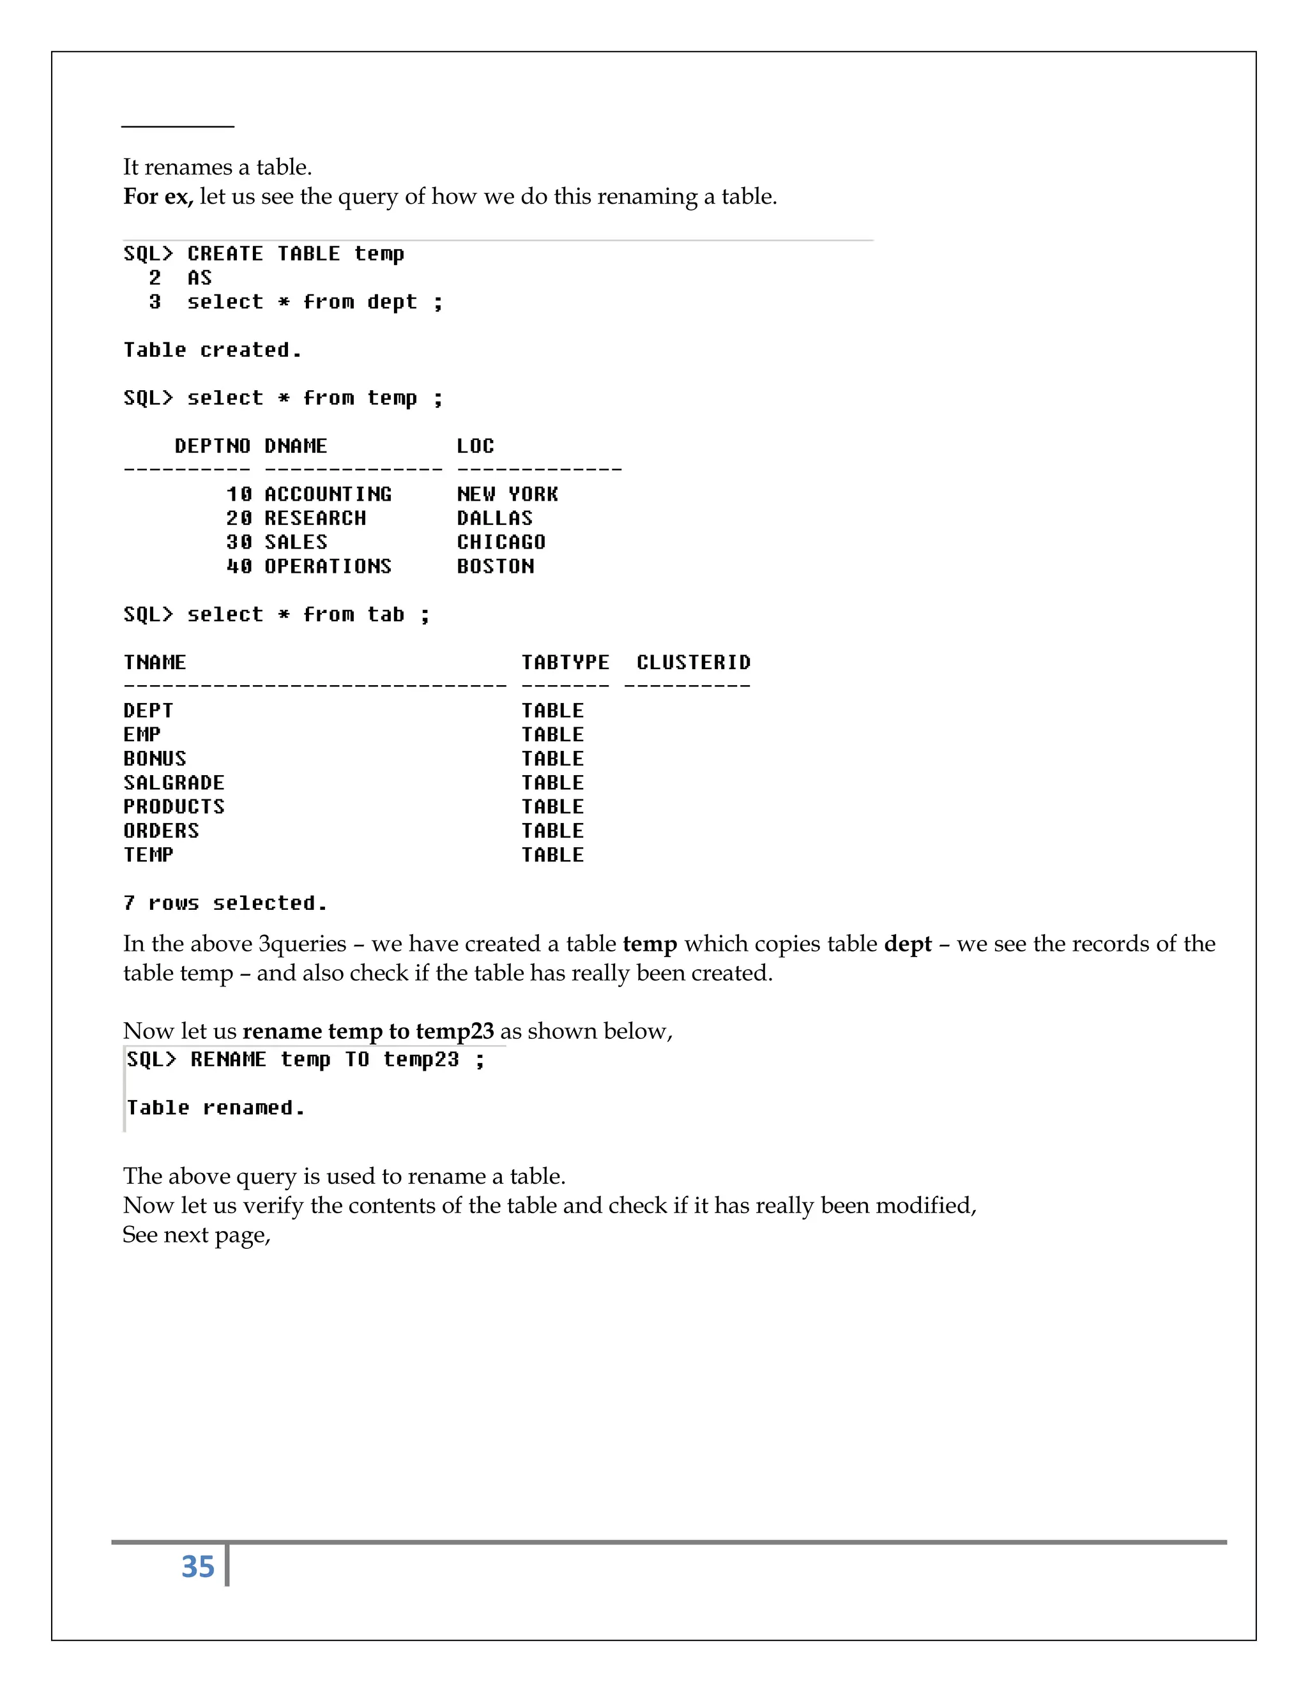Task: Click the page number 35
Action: (x=197, y=1566)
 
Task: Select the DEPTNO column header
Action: (x=212, y=446)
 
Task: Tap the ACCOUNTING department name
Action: (x=328, y=494)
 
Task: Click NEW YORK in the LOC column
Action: (x=508, y=494)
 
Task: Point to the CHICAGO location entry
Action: (x=501, y=542)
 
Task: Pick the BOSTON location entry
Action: (x=495, y=566)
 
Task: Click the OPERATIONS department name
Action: (x=328, y=566)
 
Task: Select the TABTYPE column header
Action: (x=565, y=662)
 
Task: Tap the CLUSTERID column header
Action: (x=694, y=662)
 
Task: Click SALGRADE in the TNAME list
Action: (x=174, y=783)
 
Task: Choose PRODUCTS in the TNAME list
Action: (x=174, y=806)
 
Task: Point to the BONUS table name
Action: (x=155, y=759)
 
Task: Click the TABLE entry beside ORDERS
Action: (x=552, y=831)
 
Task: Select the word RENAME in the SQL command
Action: (x=228, y=1059)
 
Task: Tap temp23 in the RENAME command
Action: (x=421, y=1059)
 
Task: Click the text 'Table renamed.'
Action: (x=215, y=1108)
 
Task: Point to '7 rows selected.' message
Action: (x=225, y=903)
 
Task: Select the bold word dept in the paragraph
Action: (x=908, y=944)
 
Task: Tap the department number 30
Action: (x=239, y=542)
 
